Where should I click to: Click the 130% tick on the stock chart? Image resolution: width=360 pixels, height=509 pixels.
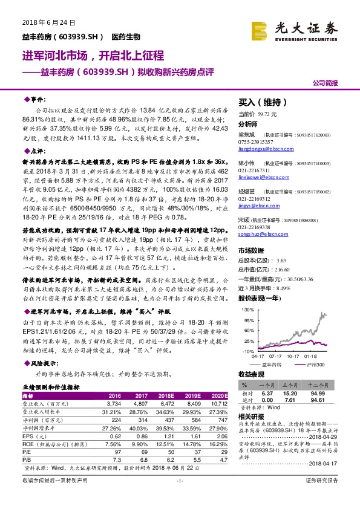(246, 309)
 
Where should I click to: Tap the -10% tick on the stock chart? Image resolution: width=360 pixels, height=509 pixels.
(247, 351)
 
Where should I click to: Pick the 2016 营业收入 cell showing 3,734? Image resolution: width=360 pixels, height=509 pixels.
(114, 402)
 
